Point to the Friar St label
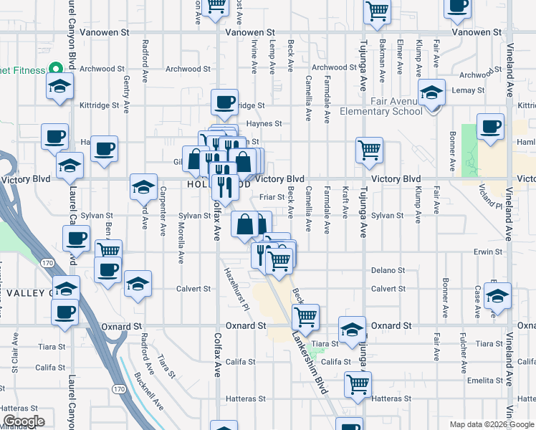tap(272, 196)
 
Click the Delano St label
tap(388, 271)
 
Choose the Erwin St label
tap(488, 252)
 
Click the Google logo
tap(24, 421)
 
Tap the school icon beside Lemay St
tap(432, 93)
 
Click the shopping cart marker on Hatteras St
tap(358, 383)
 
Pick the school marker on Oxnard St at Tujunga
tap(352, 330)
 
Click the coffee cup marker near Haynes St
tap(224, 102)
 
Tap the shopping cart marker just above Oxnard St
tap(306, 316)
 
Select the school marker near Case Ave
tap(497, 295)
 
